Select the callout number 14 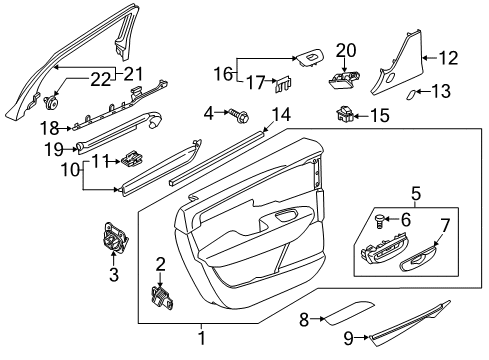(x=283, y=114)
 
